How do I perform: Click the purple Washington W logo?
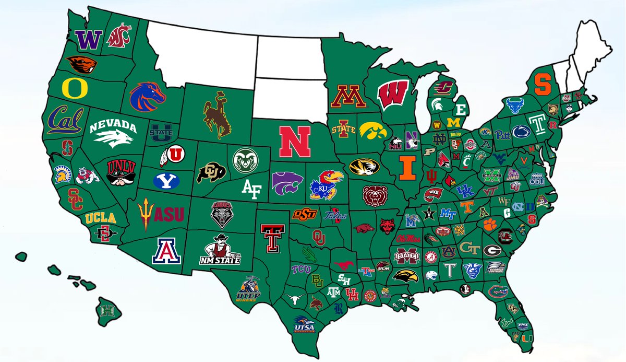[88, 39]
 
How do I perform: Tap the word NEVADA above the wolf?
[112, 126]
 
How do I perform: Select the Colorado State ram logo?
[246, 160]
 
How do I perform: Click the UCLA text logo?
[101, 218]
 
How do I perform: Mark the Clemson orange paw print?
[489, 224]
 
